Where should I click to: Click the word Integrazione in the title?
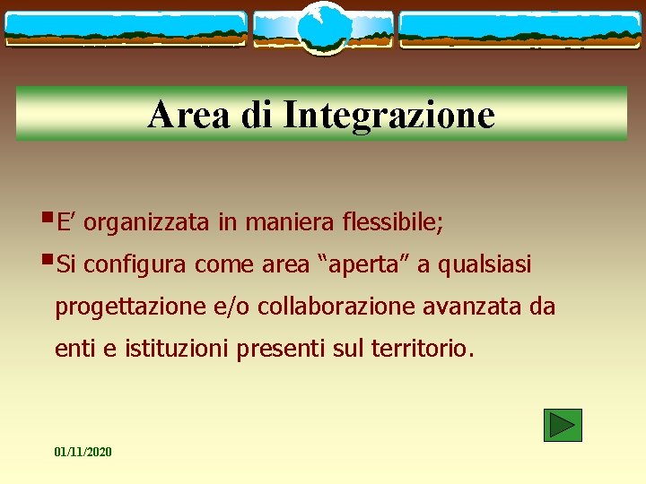(388, 115)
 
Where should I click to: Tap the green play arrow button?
(563, 425)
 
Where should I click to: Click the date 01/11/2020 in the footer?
(83, 452)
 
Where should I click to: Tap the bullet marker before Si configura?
(47, 263)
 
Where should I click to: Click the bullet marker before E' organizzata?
(47, 220)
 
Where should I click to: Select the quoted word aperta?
(360, 265)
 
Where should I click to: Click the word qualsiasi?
(484, 265)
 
